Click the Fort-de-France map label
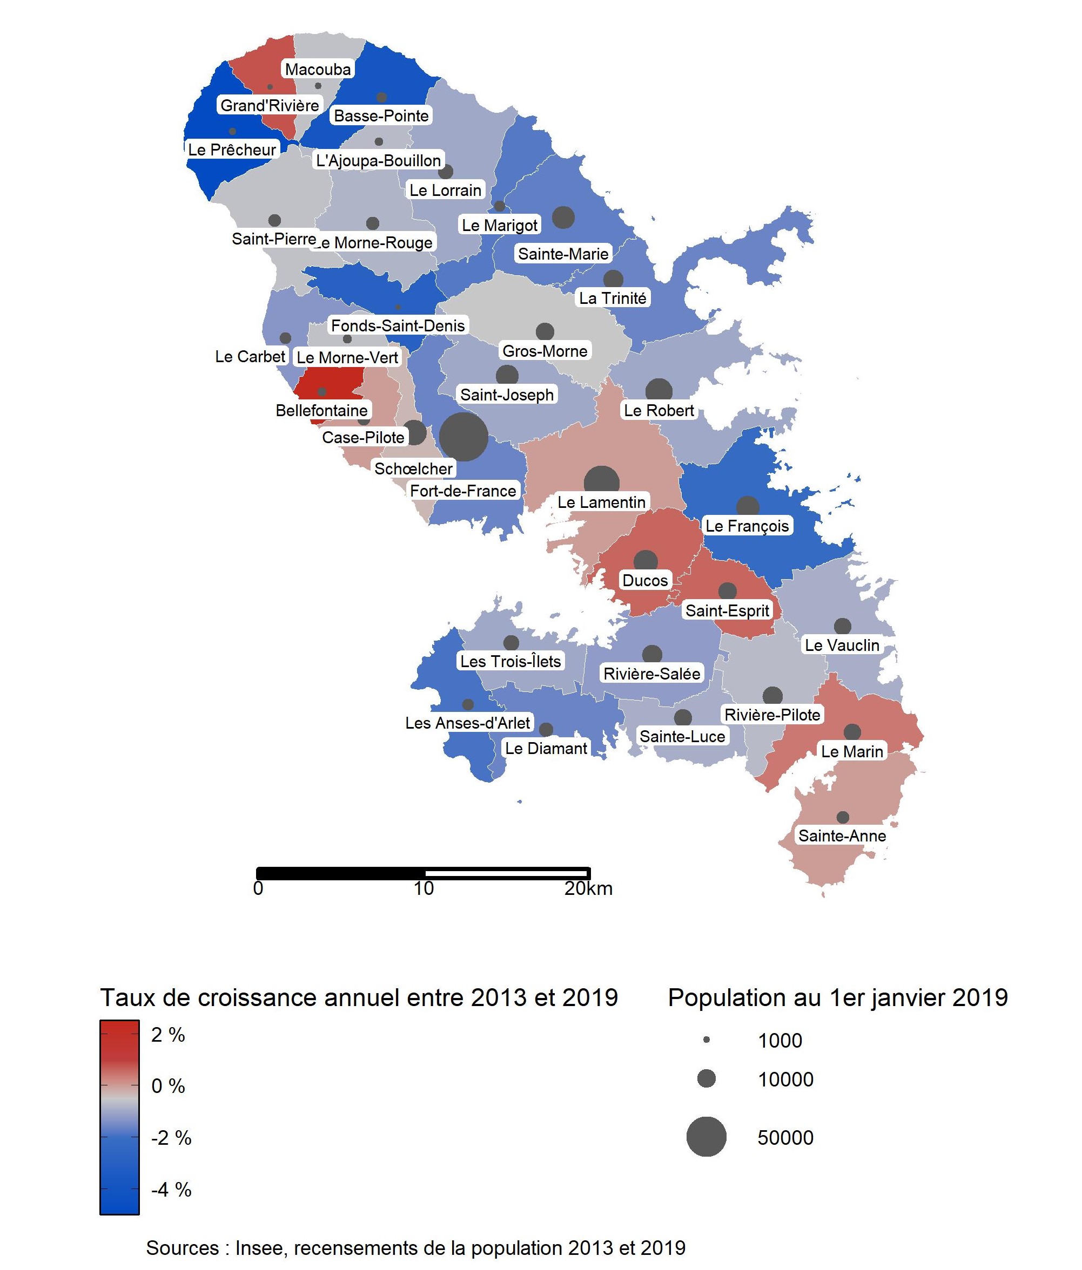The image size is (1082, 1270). tap(463, 491)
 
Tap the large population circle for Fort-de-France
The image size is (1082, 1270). tap(463, 437)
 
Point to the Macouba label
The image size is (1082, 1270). tap(318, 69)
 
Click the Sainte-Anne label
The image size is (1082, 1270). tap(842, 836)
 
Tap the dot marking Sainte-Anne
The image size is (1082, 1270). tap(843, 817)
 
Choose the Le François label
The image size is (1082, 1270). tap(747, 526)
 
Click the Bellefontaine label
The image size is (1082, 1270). tap(321, 411)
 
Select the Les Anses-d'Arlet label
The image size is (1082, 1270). tap(467, 723)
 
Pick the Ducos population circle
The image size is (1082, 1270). tap(646, 561)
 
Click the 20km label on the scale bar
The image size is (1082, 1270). tap(588, 889)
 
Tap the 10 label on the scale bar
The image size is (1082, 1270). tap(423, 889)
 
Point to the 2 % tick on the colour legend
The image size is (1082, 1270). tap(168, 1035)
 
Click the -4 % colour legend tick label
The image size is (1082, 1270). tap(171, 1190)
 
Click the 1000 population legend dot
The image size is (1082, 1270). tap(707, 1040)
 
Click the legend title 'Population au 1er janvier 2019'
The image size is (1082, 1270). tap(838, 997)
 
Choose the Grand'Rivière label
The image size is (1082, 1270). tap(269, 105)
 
